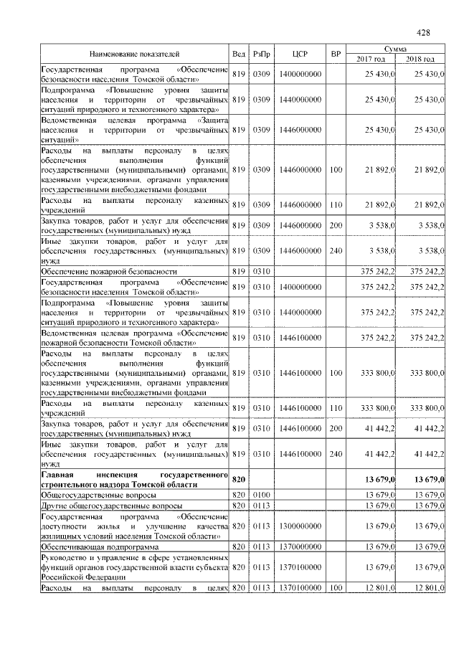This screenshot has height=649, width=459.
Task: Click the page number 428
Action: pos(423,33)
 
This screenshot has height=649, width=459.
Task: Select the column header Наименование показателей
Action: pos(134,54)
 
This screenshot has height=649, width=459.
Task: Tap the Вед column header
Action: pos(239,54)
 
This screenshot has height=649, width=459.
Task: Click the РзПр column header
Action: pos(260,54)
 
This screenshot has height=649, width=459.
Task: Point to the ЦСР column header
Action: pos(300,54)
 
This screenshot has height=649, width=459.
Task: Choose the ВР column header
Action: pos(335,54)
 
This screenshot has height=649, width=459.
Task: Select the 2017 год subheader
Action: pos(371,59)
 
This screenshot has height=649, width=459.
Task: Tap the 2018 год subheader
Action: pos(420,59)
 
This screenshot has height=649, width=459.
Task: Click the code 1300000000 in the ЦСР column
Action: pos(301,526)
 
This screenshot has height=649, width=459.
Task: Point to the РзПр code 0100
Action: pos(260,496)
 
